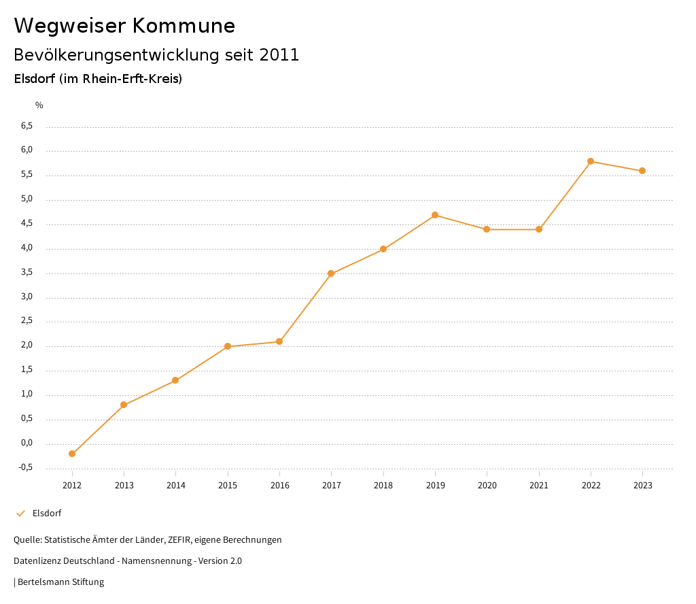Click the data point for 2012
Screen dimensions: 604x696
(72, 454)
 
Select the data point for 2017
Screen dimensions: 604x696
(331, 273)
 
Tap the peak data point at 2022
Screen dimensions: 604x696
(591, 161)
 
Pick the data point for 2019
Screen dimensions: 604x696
(435, 215)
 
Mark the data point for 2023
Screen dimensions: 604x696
(642, 171)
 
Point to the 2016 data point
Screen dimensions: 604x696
(279, 341)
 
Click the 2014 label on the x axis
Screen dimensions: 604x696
(175, 486)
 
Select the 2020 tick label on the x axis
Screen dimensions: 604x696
(487, 486)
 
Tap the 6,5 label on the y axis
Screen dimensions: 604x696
(27, 126)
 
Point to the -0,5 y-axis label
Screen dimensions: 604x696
(26, 467)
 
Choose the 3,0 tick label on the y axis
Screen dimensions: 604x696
(27, 297)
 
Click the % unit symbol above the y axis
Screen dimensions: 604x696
(39, 105)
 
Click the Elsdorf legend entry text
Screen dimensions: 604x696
(47, 514)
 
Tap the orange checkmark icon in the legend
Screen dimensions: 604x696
(20, 514)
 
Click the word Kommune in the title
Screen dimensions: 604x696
(184, 26)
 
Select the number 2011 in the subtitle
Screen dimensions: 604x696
(279, 55)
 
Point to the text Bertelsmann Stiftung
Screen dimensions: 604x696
(60, 582)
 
